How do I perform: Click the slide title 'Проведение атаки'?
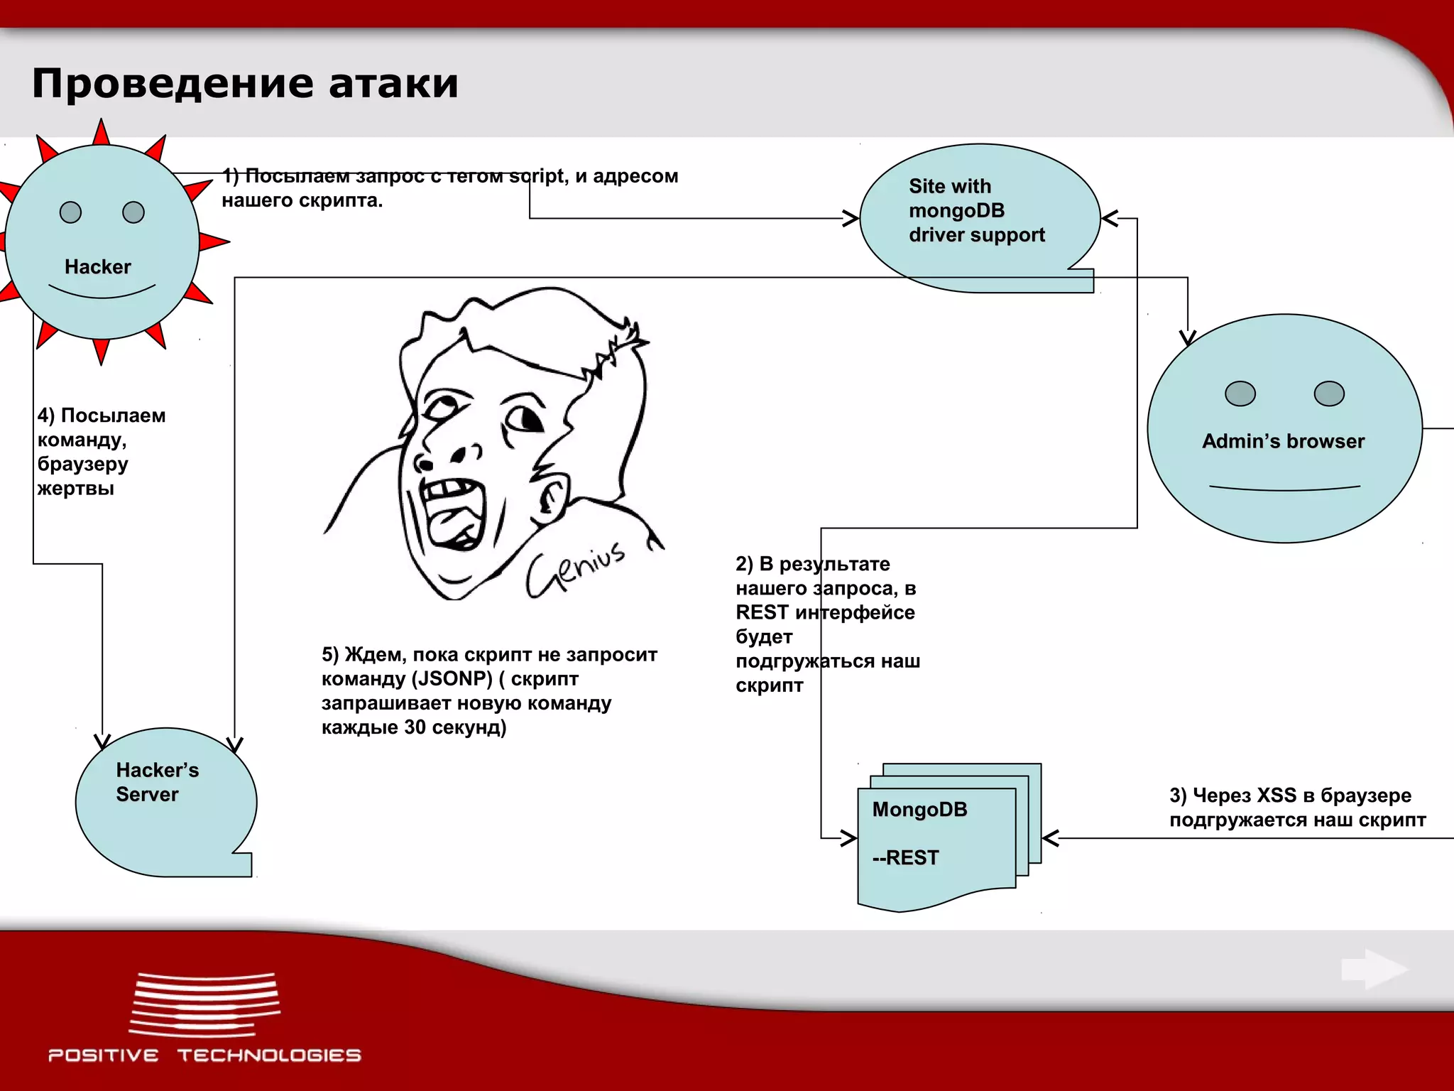coord(245,83)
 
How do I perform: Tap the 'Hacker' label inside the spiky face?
coord(98,267)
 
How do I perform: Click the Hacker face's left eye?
coord(71,212)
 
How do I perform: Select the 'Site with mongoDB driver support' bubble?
coord(977,211)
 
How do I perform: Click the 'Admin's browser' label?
coord(1283,441)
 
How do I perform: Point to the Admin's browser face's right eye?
coord(1328,393)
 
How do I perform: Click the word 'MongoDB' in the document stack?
coord(919,810)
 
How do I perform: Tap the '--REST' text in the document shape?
coord(906,858)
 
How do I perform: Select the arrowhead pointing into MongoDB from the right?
coord(1050,838)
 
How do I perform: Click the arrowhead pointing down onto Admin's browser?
coord(1188,337)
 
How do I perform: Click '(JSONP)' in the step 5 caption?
coord(452,679)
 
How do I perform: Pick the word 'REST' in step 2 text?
coord(762,612)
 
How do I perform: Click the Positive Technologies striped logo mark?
coord(204,1004)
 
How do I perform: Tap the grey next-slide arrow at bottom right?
coord(1374,969)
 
